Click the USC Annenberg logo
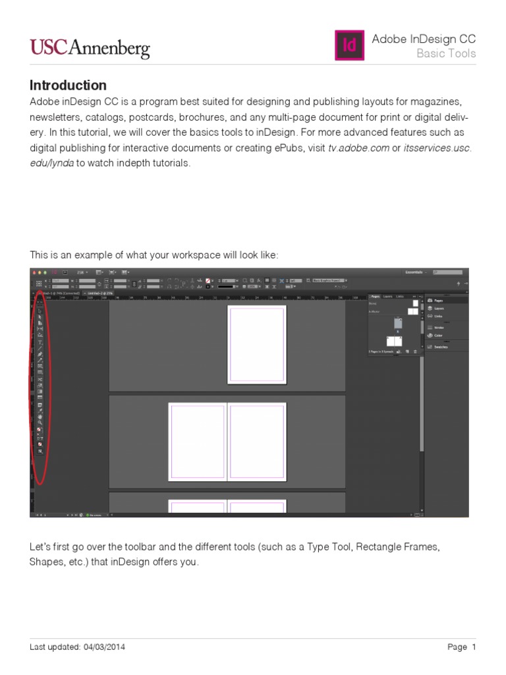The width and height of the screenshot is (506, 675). click(x=90, y=47)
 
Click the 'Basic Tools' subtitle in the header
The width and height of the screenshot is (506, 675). click(x=445, y=53)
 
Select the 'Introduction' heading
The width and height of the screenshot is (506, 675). click(x=68, y=85)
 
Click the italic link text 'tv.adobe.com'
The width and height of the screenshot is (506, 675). click(x=358, y=148)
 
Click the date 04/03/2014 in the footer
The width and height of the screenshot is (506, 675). click(x=103, y=647)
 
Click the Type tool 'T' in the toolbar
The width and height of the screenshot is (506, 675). click(x=40, y=342)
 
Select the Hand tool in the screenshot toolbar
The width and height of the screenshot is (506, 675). click(x=40, y=417)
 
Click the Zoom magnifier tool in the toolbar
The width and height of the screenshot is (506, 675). click(x=40, y=423)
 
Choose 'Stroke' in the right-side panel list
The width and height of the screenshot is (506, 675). click(x=439, y=327)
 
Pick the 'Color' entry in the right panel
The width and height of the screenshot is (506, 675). click(x=439, y=335)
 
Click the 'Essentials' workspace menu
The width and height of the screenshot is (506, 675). click(x=414, y=272)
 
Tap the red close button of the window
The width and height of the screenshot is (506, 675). click(x=34, y=272)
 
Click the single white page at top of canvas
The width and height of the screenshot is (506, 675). click(x=257, y=344)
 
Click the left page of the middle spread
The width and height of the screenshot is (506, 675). click(x=198, y=441)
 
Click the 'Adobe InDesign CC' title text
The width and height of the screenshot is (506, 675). click(x=424, y=39)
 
